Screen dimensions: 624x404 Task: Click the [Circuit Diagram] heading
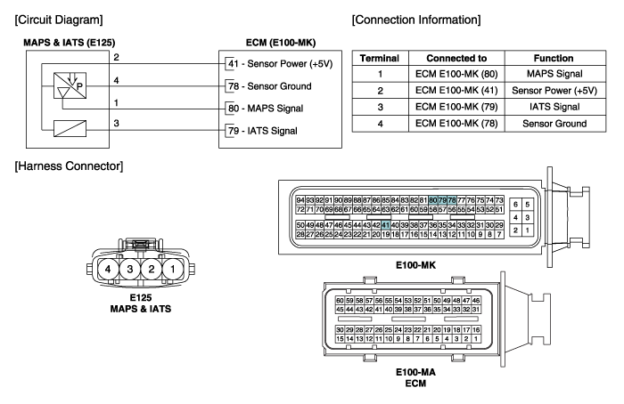pos(59,20)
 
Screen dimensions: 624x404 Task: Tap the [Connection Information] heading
pos(416,20)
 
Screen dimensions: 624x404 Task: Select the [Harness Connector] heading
pos(69,166)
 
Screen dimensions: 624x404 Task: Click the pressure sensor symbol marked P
pos(70,85)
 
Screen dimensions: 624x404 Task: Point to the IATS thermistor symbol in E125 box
pos(70,128)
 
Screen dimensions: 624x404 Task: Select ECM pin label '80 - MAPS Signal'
pos(266,109)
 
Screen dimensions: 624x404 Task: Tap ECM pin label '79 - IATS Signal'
pos(263,131)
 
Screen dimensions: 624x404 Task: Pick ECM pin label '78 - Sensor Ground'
pos(270,86)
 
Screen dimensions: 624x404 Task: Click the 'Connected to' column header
pos(456,59)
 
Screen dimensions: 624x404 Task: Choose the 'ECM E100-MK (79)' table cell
pos(456,107)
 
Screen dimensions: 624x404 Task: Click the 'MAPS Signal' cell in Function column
pos(554,74)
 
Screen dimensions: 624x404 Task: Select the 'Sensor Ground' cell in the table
pos(554,124)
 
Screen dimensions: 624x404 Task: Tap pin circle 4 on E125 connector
pos(108,270)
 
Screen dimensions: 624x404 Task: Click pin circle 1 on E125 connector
pos(173,270)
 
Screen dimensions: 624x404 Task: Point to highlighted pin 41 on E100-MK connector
pos(385,225)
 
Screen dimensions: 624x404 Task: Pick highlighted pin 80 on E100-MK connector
pos(433,200)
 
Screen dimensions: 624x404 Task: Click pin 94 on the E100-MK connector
pos(300,200)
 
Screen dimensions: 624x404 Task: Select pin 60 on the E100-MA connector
pos(340,301)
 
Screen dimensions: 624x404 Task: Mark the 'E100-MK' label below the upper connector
pos(415,265)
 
